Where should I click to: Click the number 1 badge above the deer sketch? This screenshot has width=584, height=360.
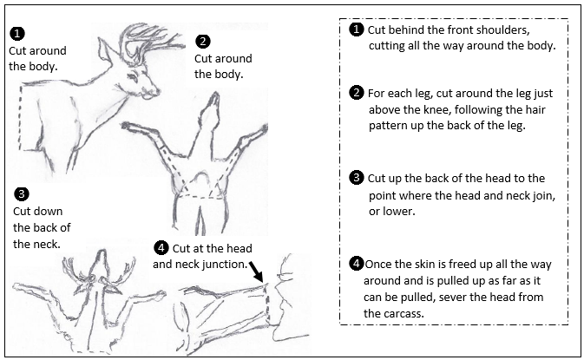pos(16,34)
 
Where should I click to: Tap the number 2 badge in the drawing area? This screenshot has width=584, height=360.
pos(202,41)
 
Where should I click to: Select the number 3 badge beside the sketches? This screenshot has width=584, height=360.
pos(21,193)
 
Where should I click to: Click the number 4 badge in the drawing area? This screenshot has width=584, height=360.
pos(160,247)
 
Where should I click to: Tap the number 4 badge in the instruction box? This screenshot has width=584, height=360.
pos(355,263)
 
